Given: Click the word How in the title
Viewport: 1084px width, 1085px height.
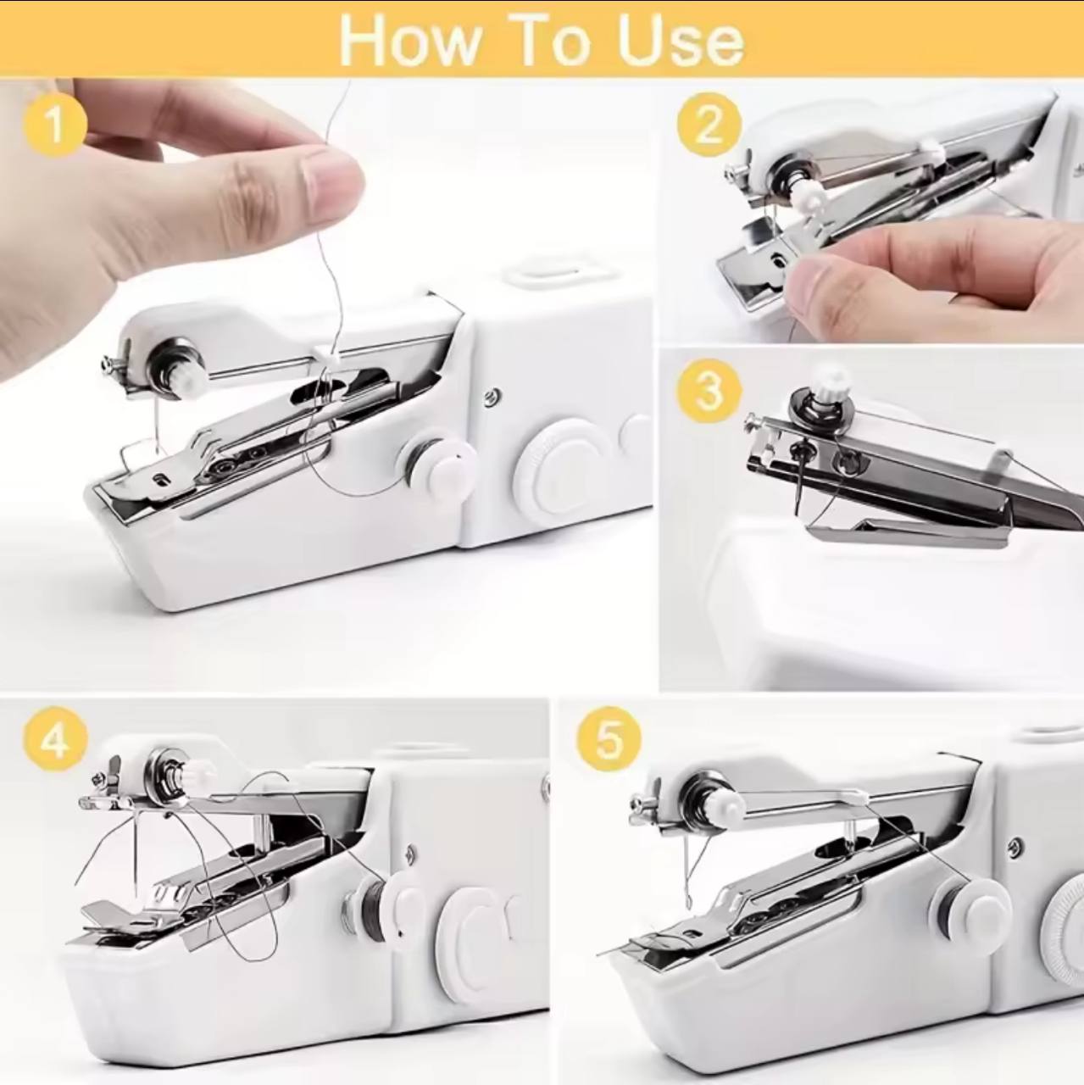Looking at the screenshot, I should (408, 40).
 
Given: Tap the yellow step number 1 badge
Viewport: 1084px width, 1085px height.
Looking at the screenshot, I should (55, 125).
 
